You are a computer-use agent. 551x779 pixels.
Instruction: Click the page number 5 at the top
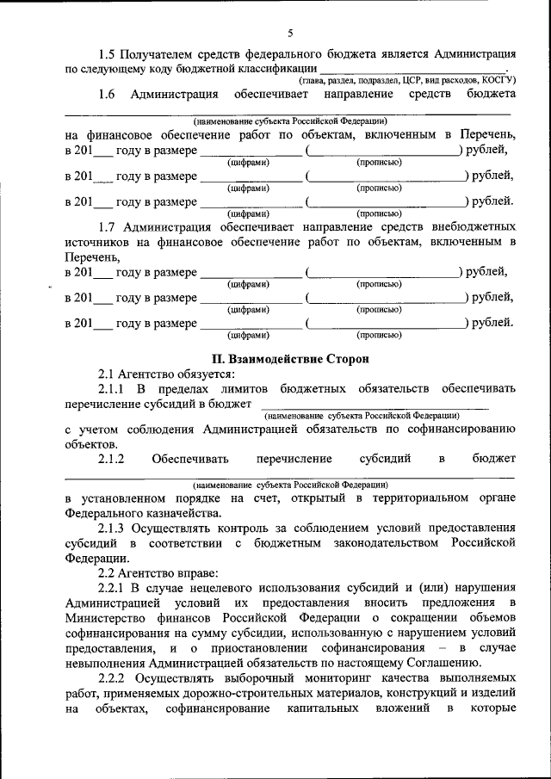coord(290,34)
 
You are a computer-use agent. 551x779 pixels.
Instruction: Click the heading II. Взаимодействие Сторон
coord(289,357)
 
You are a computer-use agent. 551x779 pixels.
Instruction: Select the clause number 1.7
coord(108,226)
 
